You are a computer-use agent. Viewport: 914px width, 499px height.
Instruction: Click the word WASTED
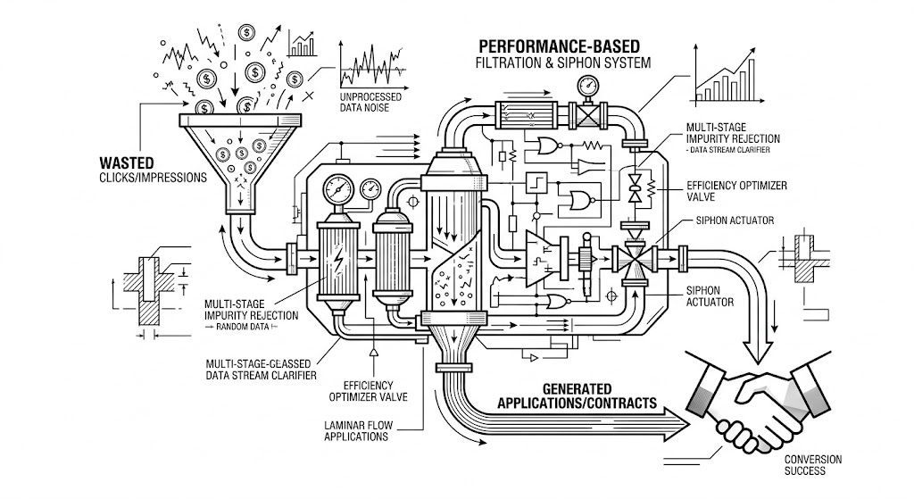point(127,162)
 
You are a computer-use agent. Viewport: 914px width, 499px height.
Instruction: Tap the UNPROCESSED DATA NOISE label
point(370,102)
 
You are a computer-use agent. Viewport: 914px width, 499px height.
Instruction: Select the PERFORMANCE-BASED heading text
point(559,46)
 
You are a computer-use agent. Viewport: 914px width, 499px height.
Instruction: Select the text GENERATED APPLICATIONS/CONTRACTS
point(577,395)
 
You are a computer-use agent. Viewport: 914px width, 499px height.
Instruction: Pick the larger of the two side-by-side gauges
point(338,189)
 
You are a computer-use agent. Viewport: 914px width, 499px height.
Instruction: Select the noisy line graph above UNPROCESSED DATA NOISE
point(372,64)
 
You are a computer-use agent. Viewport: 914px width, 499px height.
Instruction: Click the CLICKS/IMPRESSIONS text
point(154,178)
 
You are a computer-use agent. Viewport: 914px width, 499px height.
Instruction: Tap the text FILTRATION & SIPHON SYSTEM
point(563,62)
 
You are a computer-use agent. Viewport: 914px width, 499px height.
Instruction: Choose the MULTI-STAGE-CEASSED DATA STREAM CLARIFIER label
point(261,370)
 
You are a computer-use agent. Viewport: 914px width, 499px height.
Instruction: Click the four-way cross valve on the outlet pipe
point(635,257)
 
